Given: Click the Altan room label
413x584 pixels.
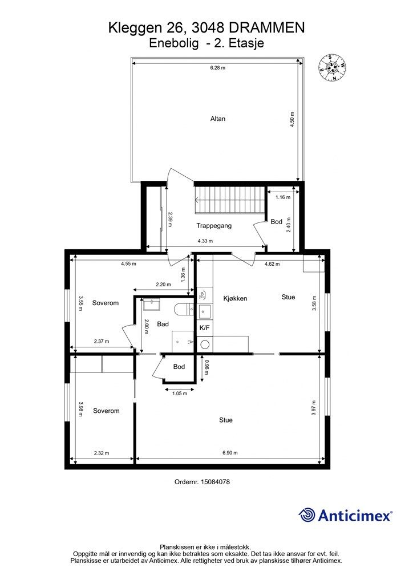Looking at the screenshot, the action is pos(218,119).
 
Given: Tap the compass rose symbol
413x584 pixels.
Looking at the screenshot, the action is pos(331,67).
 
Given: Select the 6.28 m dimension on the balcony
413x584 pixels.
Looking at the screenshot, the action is pos(217,68).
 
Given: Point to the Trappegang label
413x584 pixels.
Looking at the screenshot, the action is pos(214,226).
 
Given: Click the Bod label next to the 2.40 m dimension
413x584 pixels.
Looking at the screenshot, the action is pos(276,222).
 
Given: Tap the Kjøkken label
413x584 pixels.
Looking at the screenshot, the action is pos(236,298).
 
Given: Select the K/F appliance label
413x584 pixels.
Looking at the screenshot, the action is pos(204,328).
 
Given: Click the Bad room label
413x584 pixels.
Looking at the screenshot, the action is pos(163,324).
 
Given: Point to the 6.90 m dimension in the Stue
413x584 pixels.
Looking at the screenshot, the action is pos(230,453).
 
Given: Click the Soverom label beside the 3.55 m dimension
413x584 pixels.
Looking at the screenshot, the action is pos(106,303).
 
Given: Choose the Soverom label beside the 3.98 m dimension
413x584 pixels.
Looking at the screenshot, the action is pos(106,411).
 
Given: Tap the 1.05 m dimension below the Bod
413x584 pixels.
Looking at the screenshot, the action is pos(180,394).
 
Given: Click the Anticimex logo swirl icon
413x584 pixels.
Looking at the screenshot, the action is pos(306,515).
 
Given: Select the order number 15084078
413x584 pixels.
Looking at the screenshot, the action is pos(215,481).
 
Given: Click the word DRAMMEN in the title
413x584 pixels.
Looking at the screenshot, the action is pos(266,28).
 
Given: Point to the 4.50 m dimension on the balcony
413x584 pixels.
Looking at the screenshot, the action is pos(292,120).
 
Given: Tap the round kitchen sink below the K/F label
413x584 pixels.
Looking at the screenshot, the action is pos(205,344).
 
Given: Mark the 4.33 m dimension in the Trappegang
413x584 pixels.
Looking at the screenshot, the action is pos(205,241).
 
